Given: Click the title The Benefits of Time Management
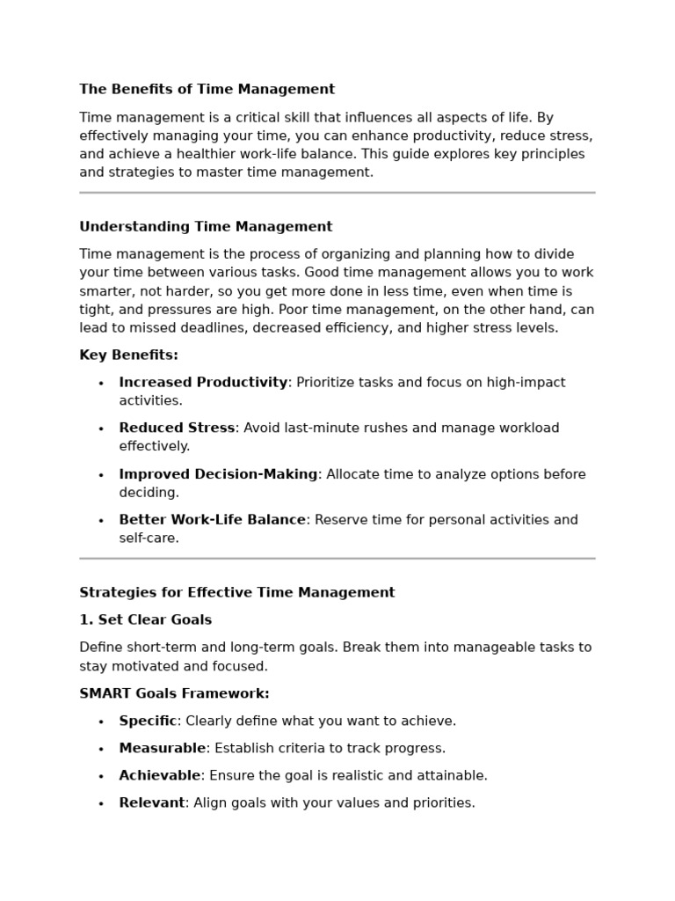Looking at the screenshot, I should (207, 90).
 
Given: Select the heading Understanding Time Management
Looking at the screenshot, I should (206, 227).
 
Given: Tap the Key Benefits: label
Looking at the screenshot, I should (128, 355).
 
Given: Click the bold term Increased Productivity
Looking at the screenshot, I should (203, 383).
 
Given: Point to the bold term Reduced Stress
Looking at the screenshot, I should (177, 429).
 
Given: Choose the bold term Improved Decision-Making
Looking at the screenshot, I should (218, 474).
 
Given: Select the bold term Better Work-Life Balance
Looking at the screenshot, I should (212, 520).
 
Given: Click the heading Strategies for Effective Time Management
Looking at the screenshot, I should (236, 593).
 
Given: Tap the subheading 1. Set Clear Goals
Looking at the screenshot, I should (145, 620).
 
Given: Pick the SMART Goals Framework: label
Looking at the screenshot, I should (174, 694).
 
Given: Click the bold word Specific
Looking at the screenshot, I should (148, 722).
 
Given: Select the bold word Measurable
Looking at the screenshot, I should (162, 749).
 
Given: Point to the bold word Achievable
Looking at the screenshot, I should (160, 776).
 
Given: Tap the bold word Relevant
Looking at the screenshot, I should (152, 803).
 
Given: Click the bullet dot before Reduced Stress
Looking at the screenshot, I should (101, 429).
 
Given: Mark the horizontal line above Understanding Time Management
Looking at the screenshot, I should (337, 192).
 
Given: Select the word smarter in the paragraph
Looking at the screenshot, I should (107, 291).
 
